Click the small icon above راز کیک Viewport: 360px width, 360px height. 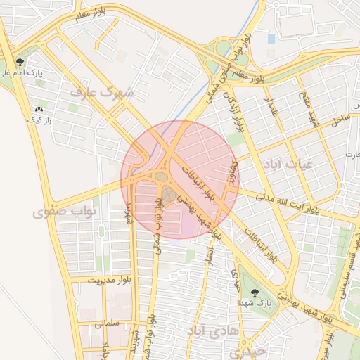click(38, 110)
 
